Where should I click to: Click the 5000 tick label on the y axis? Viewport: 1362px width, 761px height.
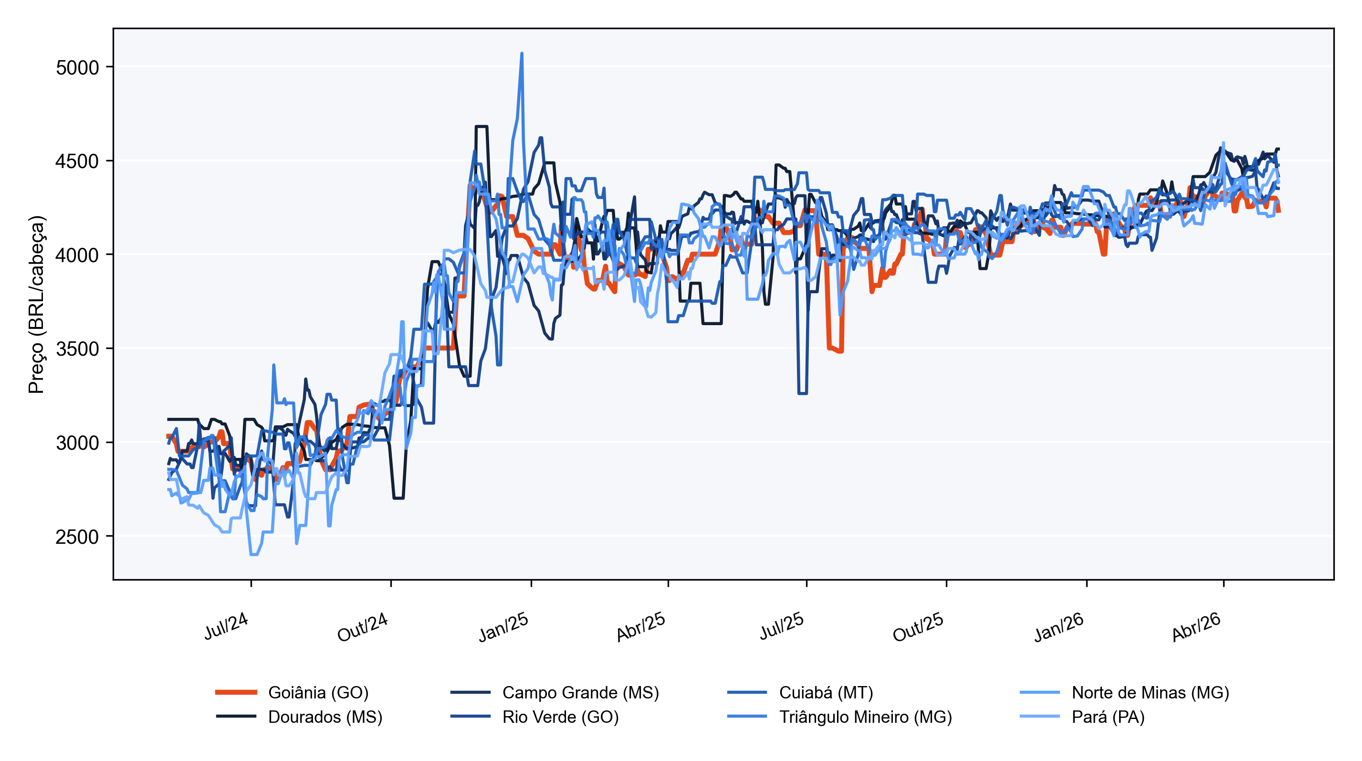77,68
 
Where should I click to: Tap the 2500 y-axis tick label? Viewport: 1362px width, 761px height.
77,537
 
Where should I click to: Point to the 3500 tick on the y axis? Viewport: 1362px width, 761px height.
77,349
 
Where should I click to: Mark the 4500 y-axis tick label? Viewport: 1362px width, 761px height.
77,161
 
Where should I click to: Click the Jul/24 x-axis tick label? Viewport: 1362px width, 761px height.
226,626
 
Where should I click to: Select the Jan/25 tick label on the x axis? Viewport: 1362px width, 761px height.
503,627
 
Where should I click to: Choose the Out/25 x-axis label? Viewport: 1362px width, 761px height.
918,627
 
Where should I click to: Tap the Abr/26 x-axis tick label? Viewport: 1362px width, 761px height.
1196,627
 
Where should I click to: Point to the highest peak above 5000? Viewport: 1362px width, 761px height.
522,53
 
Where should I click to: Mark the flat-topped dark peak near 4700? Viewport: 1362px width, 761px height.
481,127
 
